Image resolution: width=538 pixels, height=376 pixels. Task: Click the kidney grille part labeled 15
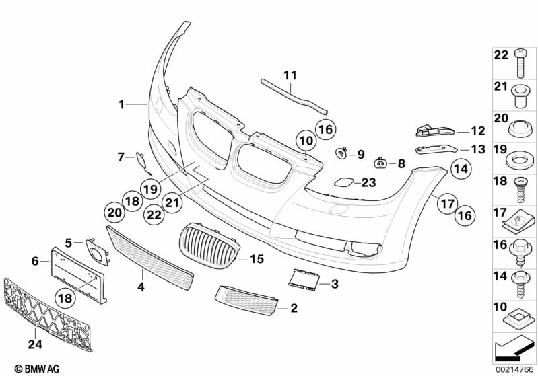(209, 246)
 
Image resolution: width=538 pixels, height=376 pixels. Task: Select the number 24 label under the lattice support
(35, 344)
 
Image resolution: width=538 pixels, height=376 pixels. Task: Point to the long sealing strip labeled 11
(294, 96)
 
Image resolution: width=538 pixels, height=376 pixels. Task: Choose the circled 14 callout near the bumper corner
(461, 169)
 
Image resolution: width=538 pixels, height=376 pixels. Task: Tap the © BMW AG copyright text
(37, 369)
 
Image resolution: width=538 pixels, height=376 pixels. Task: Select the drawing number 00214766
(514, 370)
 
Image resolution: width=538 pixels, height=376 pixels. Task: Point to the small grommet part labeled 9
(341, 153)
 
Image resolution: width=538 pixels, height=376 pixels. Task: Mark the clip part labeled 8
(380, 163)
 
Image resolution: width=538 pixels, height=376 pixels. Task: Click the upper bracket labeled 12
(435, 130)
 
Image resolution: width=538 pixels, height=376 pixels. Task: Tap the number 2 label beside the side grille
(294, 308)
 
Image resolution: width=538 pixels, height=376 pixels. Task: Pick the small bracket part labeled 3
(304, 279)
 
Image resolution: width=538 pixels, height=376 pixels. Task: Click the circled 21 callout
(172, 202)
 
